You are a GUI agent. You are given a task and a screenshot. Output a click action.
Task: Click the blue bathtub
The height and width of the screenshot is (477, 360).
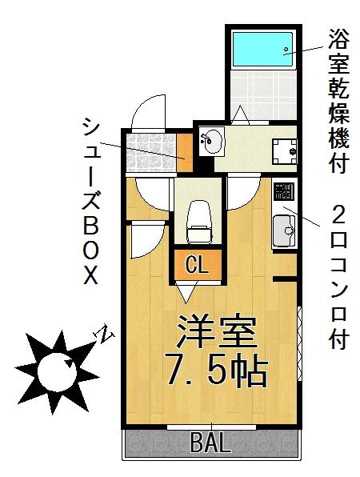tap(262, 49)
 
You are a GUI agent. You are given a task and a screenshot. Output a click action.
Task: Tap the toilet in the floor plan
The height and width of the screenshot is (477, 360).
tap(199, 222)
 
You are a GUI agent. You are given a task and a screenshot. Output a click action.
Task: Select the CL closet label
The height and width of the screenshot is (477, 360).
tap(198, 265)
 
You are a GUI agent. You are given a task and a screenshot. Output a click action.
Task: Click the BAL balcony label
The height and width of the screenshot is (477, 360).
tap(211, 443)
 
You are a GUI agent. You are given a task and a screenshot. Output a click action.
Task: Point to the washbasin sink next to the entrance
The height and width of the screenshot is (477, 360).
tap(212, 142)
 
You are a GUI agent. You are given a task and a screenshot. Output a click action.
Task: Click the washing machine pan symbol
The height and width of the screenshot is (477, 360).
tap(284, 151)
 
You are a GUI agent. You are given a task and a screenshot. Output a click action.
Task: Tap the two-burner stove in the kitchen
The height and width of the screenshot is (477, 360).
tap(284, 191)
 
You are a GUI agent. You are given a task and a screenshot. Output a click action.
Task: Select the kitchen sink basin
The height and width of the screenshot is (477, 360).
tap(284, 231)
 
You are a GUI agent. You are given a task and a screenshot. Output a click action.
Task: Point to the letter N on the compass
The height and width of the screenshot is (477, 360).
tap(104, 334)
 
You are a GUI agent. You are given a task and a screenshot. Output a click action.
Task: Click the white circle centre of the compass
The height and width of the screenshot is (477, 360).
tap(57, 371)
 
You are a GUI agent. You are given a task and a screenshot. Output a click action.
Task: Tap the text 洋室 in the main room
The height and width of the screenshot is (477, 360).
tap(217, 332)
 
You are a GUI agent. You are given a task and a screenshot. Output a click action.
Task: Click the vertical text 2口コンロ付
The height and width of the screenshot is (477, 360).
tap(338, 276)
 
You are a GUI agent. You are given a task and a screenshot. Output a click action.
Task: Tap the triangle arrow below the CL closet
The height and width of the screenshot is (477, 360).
tap(186, 292)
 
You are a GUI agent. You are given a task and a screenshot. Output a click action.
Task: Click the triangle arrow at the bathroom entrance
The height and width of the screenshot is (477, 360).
tap(240, 114)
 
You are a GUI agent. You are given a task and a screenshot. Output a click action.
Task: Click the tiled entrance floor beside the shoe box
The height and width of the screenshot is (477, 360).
tap(151, 152)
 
